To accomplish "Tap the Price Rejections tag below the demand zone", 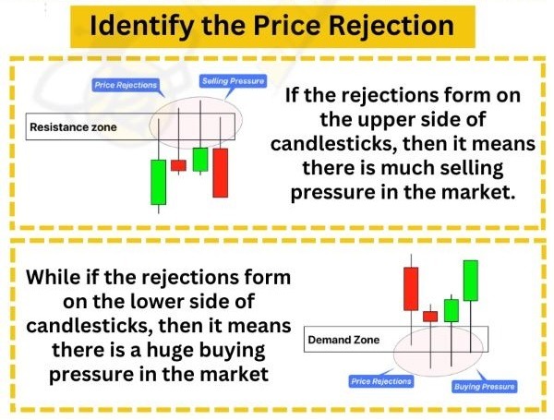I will tap(381, 379).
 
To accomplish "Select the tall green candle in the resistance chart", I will tap(159, 182).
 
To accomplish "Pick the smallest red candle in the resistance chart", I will tap(178, 165).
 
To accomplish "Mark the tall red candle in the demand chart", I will tap(410, 289).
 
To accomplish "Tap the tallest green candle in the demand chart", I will tap(471, 280).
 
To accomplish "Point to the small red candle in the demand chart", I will tap(429, 316).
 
